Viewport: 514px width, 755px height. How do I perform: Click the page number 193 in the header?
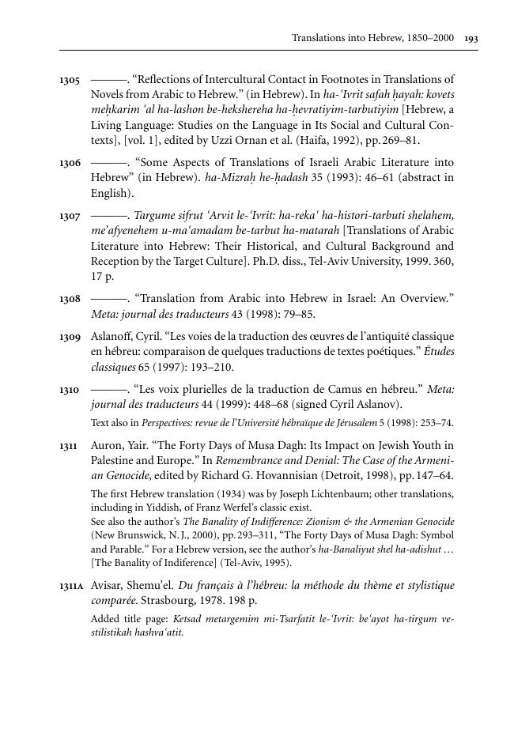point(471,37)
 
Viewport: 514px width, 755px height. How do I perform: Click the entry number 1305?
point(70,81)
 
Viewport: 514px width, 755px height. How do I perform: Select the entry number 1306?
point(70,163)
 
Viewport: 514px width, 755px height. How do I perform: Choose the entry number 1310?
point(70,390)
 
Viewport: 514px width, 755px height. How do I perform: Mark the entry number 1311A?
point(72,587)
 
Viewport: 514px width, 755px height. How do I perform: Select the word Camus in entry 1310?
point(342,389)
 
